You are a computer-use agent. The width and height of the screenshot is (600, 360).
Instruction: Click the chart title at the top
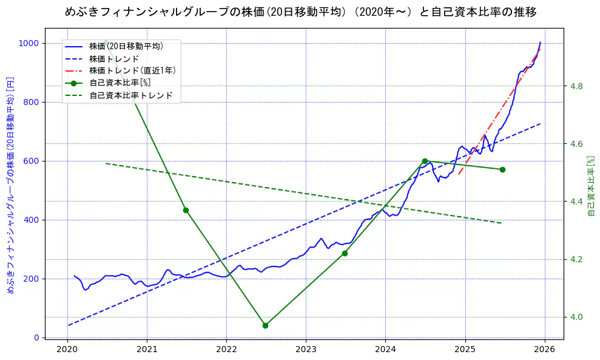coord(300,12)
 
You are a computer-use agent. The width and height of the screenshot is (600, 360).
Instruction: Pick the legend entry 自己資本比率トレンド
coord(130,95)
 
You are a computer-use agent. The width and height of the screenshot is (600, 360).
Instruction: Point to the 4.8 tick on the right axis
coord(576,86)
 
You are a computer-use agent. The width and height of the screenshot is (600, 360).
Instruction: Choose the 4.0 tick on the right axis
coord(576,317)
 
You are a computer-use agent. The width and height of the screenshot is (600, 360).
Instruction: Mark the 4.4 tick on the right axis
coord(576,202)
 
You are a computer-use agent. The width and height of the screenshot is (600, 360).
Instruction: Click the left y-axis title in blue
coord(10,185)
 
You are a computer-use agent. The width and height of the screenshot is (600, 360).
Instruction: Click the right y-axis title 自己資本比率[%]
coord(592,185)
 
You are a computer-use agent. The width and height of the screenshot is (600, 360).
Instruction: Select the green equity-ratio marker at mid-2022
coord(265,325)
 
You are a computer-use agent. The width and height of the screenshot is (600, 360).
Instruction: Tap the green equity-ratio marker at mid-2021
coord(186,210)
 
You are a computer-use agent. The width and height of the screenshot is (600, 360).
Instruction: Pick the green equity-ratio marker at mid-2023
coord(345,253)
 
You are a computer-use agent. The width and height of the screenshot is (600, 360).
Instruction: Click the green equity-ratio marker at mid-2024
coord(425,161)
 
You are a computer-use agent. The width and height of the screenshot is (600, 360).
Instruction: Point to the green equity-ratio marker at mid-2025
coord(502,169)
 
